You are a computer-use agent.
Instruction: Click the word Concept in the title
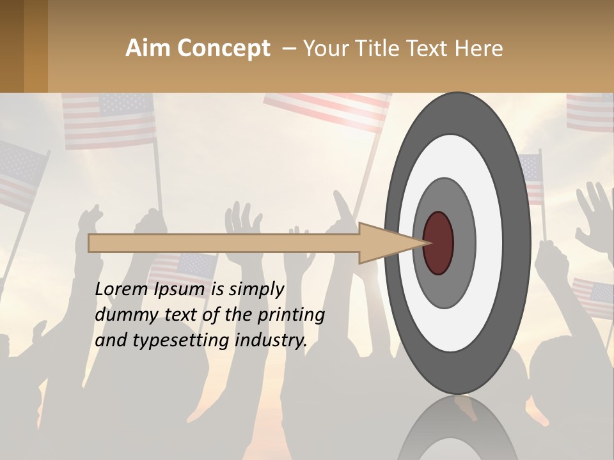click(x=224, y=49)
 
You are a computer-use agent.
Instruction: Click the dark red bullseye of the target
click(x=438, y=243)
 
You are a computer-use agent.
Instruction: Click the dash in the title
click(x=288, y=49)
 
